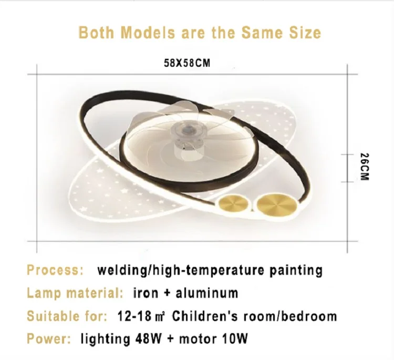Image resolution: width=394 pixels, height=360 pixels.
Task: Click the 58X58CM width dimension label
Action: coord(187,63)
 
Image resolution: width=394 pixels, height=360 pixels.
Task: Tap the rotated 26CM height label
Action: coord(364,167)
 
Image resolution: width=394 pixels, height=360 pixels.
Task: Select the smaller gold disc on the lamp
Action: coord(233,203)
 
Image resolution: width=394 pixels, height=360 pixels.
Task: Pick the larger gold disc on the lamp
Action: coord(276,203)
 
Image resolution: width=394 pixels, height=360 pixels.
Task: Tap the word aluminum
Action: coord(206,293)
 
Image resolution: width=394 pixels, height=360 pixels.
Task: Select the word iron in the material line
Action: coord(146,293)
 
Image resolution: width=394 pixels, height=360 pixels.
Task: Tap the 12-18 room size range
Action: coord(134,316)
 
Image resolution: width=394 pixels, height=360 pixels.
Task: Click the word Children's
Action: coord(205,316)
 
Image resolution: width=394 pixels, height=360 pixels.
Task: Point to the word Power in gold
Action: coord(49,338)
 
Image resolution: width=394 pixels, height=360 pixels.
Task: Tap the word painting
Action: coord(296,271)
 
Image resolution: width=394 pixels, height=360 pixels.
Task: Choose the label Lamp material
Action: coord(75,293)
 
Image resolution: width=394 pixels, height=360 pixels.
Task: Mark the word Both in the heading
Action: coord(96,33)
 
